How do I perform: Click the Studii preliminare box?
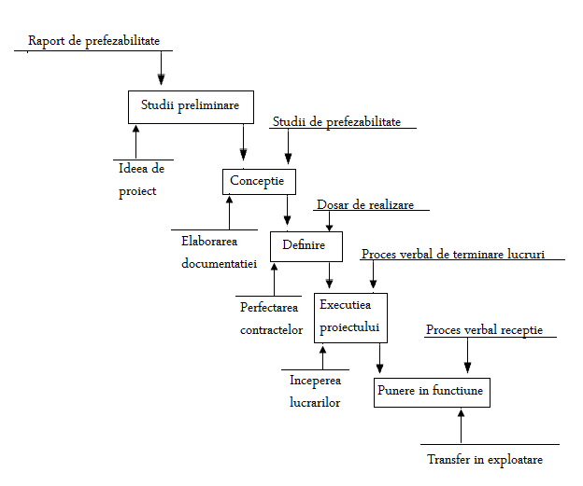[190, 105]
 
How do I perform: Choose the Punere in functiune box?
[431, 391]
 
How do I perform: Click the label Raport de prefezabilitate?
[93, 41]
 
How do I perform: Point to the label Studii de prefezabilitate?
[336, 121]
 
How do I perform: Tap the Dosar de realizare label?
[365, 204]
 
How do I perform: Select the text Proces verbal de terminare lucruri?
[452, 254]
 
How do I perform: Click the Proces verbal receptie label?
[484, 329]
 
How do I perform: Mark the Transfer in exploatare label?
[485, 460]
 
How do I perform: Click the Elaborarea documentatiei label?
[219, 252]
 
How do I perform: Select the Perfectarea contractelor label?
[272, 317]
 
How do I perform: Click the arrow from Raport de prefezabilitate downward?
[162, 68]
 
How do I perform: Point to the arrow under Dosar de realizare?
[329, 221]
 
